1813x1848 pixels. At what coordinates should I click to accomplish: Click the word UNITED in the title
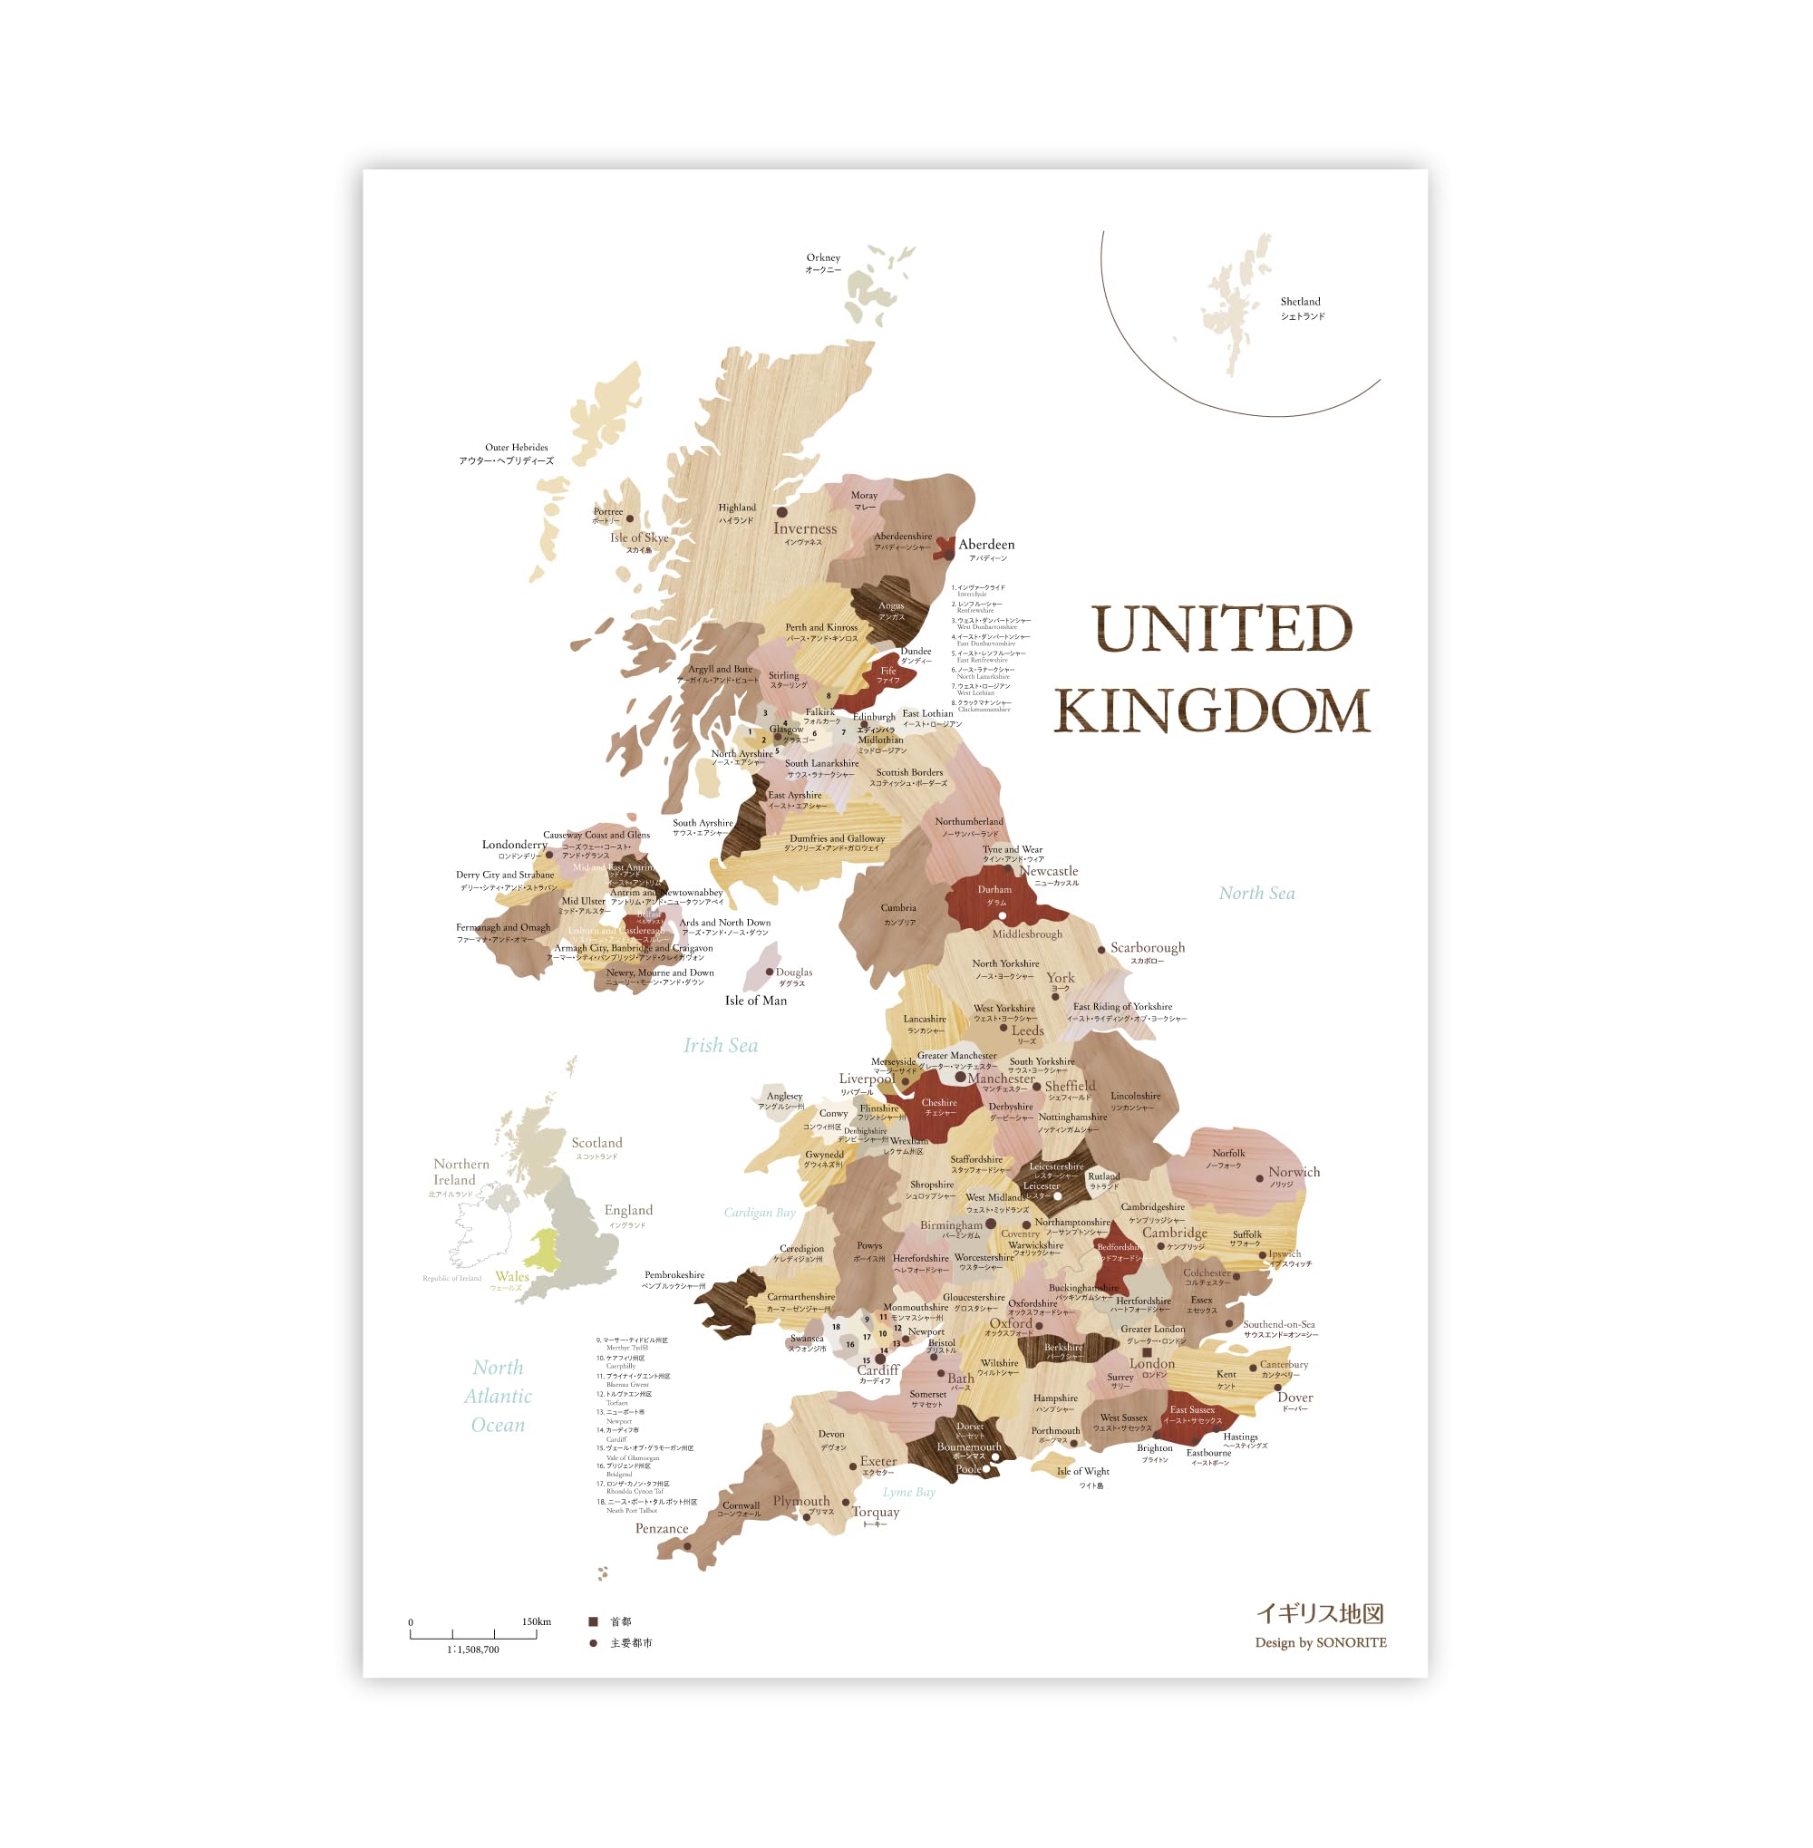(1222, 629)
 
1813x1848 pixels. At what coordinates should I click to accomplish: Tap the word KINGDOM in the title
(1211, 711)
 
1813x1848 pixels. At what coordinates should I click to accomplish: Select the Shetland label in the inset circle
(1301, 302)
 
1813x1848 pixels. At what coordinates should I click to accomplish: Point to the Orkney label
(823, 257)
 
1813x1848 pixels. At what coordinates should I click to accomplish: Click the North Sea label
(1256, 893)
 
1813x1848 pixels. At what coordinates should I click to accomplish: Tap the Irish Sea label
(721, 1045)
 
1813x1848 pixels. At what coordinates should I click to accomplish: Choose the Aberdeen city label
(985, 545)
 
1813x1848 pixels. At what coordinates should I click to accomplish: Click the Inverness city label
(805, 528)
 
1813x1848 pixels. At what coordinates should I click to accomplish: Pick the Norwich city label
(1293, 1172)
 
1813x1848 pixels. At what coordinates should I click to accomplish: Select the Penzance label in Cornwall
(661, 1528)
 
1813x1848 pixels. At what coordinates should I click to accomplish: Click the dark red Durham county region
(995, 900)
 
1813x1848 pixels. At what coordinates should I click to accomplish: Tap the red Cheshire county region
(938, 1105)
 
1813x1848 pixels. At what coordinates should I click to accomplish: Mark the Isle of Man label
(755, 1001)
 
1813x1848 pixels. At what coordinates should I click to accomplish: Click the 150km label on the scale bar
(536, 1621)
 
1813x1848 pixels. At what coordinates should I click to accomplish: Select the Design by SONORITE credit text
(1320, 1642)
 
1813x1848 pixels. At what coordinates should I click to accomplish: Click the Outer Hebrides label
(516, 448)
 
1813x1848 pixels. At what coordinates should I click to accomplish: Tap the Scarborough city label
(1148, 948)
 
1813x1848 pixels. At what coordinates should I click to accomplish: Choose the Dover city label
(1294, 1398)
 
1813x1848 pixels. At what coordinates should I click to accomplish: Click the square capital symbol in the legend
(593, 1621)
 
